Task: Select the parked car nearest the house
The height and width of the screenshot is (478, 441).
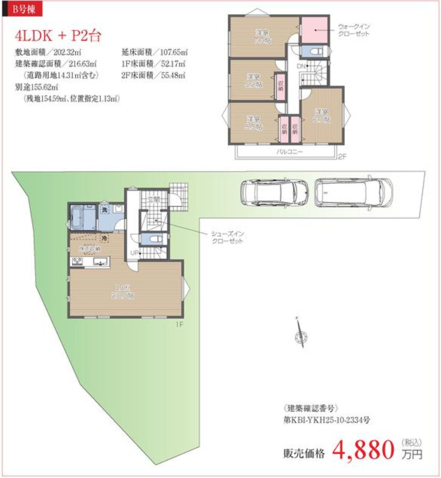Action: (274, 193)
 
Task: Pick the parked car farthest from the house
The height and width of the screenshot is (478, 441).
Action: (354, 192)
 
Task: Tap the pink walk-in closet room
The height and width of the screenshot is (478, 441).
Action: (315, 30)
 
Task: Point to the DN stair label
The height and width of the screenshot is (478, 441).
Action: (301, 66)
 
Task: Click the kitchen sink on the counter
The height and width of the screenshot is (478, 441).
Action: (100, 263)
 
